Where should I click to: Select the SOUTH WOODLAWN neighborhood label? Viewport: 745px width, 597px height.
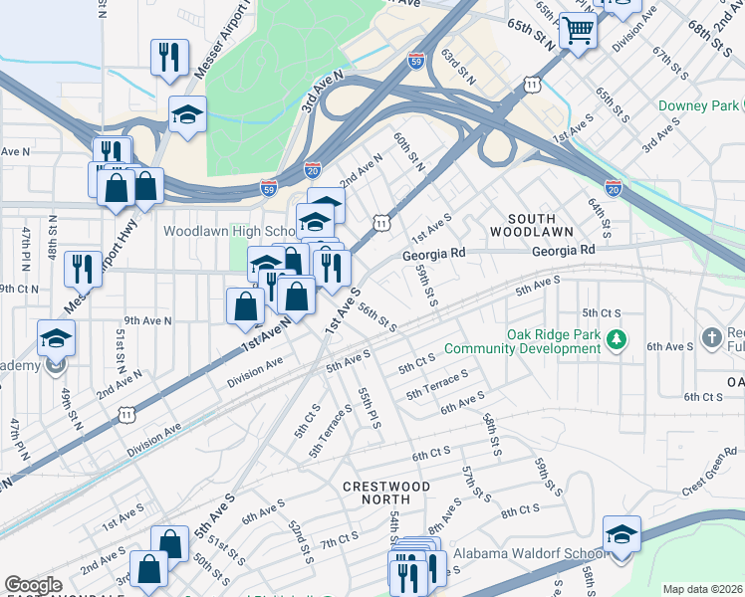click(530, 224)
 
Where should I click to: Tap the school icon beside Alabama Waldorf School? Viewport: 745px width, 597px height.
click(621, 536)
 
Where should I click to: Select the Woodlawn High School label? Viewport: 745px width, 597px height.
click(225, 230)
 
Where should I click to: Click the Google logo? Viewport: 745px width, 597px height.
click(34, 585)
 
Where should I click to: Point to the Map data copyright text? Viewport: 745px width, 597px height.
click(702, 589)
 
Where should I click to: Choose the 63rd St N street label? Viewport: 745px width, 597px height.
click(459, 67)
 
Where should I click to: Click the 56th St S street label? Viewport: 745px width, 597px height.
click(377, 317)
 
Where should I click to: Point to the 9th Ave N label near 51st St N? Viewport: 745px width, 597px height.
click(147, 320)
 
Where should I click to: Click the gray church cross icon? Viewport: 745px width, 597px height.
click(712, 338)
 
